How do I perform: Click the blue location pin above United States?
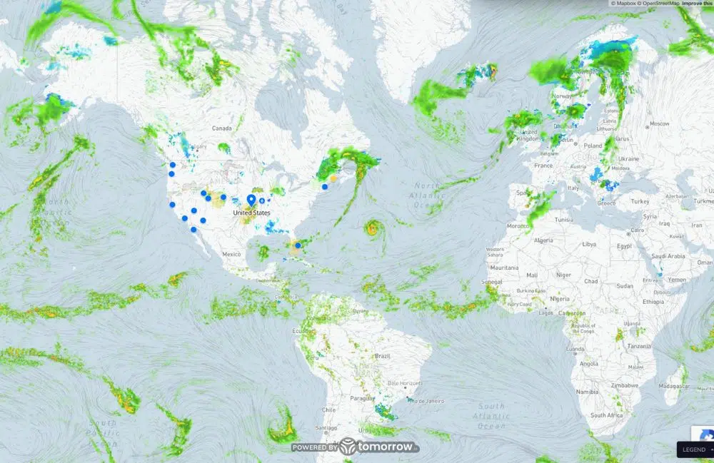251,200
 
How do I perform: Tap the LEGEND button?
694,449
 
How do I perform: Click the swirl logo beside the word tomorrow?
348,447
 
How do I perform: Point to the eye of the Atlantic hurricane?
371,228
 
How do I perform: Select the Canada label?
223,128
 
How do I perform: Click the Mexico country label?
231,254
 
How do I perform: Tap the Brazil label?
383,355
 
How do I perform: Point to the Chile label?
328,410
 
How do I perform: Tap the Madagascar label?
674,385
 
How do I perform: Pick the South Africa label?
607,414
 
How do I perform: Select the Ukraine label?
628,158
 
